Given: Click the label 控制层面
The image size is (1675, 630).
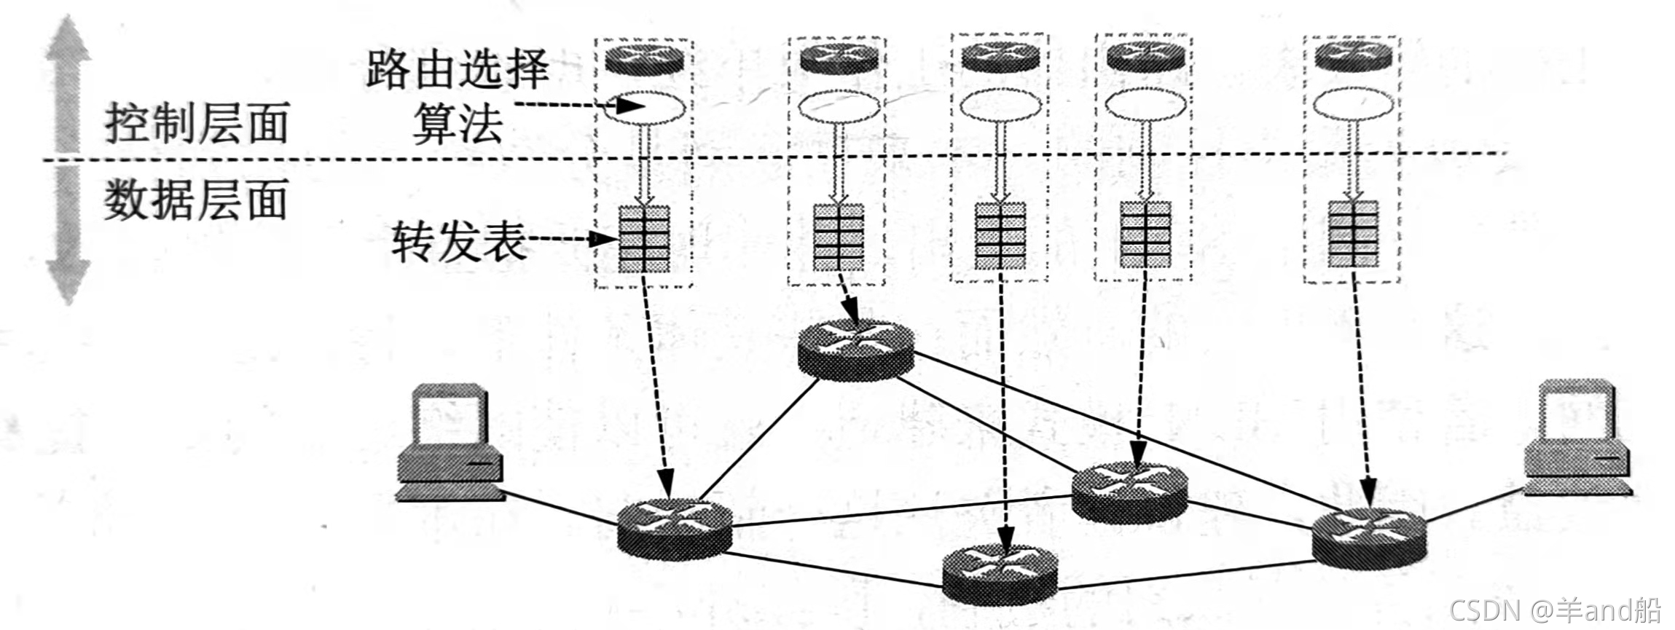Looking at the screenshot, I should point(197,123).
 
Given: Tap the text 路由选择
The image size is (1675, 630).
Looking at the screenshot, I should point(457,70).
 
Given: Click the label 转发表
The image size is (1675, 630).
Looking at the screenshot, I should point(458,241).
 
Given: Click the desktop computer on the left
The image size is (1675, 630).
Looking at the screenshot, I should point(450,444).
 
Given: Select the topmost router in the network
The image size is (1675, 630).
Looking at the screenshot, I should point(855,350).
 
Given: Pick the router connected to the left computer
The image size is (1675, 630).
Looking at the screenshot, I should point(675,529).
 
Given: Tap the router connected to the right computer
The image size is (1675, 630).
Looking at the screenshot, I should point(1368,539).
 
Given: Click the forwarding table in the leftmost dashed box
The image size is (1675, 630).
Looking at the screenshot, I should point(644,239).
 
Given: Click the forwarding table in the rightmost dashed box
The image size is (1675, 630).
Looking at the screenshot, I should point(1353,234).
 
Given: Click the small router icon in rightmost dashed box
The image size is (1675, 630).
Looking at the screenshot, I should point(1353,56).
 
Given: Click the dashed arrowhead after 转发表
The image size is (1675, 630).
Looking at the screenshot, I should point(606,238).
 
